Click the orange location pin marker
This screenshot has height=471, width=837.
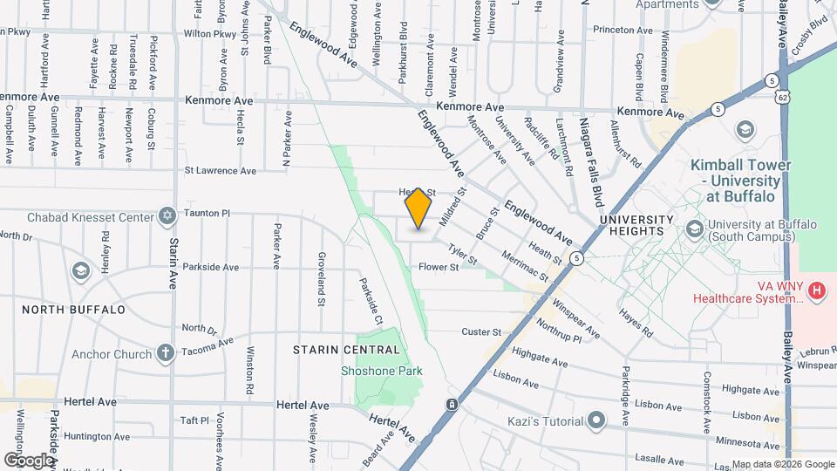pos(418,208)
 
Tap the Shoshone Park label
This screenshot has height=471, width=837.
pos(381,371)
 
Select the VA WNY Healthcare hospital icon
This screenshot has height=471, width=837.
pos(817,290)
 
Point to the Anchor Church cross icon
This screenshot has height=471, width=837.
pos(166,353)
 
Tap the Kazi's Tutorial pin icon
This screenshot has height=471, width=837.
pos(596,421)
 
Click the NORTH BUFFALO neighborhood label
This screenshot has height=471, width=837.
pos(73,309)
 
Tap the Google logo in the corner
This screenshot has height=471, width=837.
pos(28,460)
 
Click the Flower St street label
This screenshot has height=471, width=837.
pos(439,267)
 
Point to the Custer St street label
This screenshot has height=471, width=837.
pos(481,332)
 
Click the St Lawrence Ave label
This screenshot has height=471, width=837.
pos(220,171)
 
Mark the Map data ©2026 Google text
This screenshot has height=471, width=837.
pos(783,464)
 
